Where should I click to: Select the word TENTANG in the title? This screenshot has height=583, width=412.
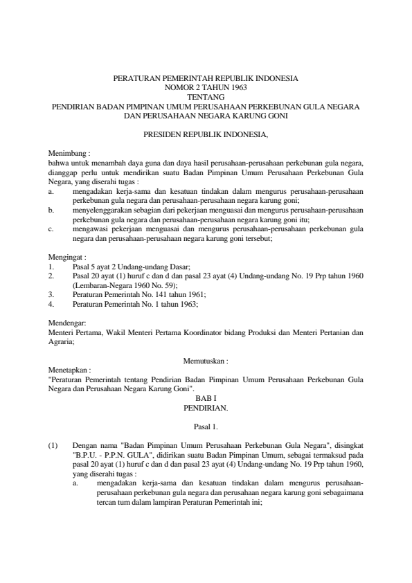click(x=206, y=98)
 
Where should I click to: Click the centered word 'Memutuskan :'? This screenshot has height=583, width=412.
click(x=206, y=361)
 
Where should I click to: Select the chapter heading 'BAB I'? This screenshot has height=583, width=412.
click(x=206, y=400)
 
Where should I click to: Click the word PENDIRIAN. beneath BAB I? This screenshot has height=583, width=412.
click(x=206, y=409)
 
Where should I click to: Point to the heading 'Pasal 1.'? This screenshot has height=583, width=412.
click(x=206, y=428)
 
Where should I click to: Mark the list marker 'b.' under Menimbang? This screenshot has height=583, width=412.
click(x=52, y=208)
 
